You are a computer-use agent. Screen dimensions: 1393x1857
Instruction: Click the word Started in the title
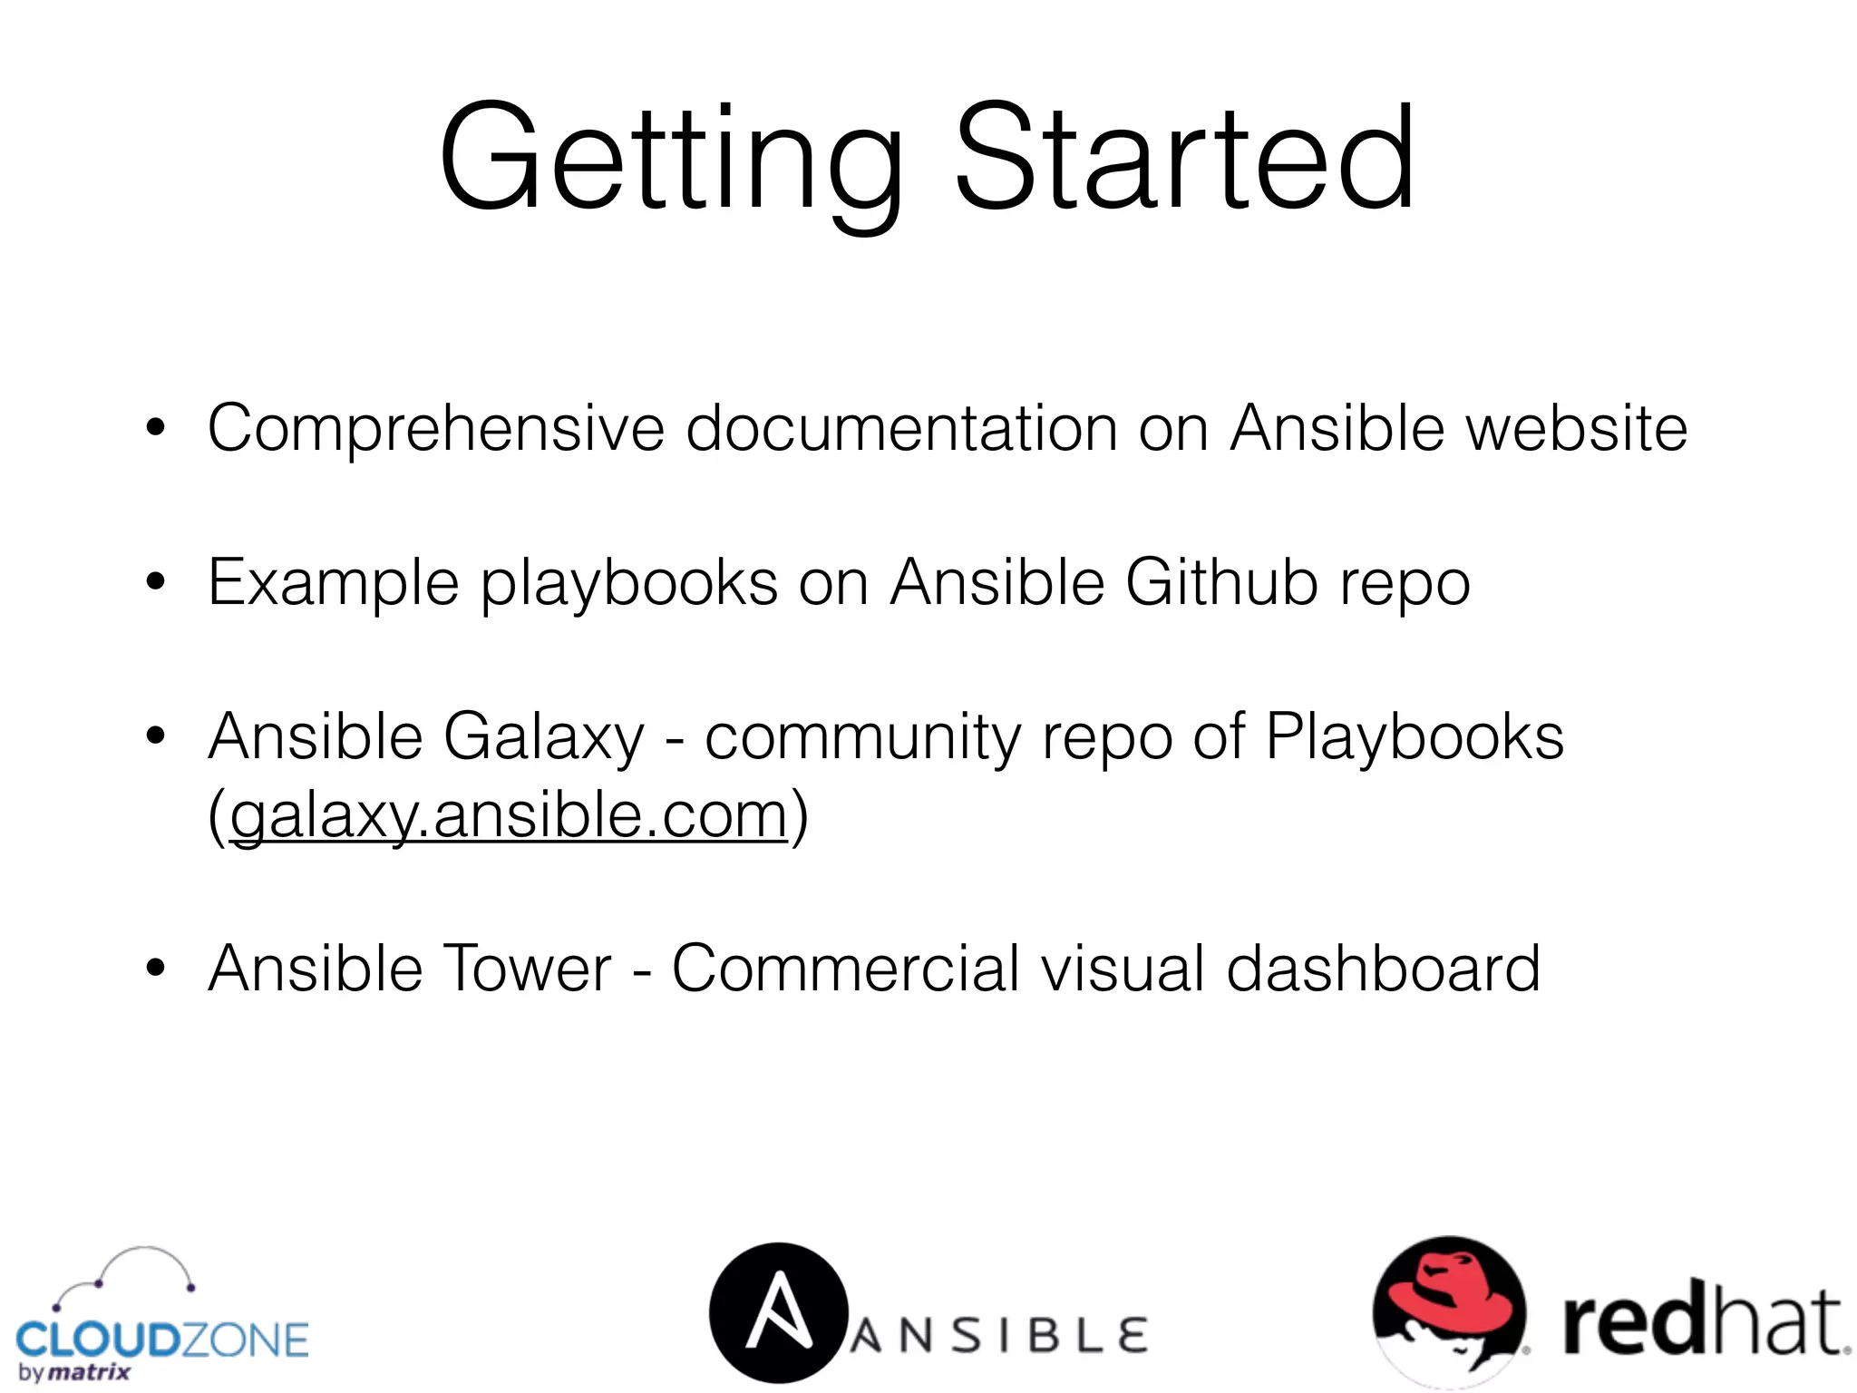tap(1183, 159)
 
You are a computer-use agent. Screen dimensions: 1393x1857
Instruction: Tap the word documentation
tap(901, 428)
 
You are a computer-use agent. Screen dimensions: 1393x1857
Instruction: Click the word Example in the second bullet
tap(334, 583)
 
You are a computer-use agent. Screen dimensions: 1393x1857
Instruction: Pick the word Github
tap(1221, 581)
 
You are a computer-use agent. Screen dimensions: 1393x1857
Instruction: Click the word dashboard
tap(1383, 969)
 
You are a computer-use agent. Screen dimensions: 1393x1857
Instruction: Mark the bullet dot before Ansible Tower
tap(156, 969)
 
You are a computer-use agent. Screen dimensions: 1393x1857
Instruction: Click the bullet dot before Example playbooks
tap(156, 581)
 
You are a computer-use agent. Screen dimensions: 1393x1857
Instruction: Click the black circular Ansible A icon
tap(778, 1311)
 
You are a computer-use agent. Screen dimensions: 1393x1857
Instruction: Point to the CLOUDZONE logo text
tap(162, 1340)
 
